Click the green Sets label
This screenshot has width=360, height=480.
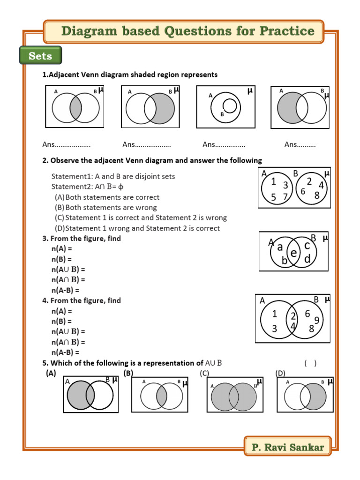pos(40,56)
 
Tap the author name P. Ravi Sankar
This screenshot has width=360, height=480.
pos(287,447)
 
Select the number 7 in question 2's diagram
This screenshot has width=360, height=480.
pos(285,196)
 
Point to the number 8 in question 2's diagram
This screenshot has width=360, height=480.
pos(317,195)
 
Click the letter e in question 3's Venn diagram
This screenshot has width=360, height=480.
pos(294,253)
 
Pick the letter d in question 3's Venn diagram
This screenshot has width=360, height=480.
pos(307,259)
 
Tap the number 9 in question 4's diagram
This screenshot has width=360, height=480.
pos(317,320)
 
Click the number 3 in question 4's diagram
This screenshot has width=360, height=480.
pos(275,329)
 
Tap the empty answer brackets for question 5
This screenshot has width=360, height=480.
pos(310,363)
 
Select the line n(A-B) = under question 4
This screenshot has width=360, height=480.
pos(65,352)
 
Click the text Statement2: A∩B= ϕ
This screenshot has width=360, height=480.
pos(89,187)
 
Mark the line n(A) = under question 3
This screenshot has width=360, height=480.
pos(62,249)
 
